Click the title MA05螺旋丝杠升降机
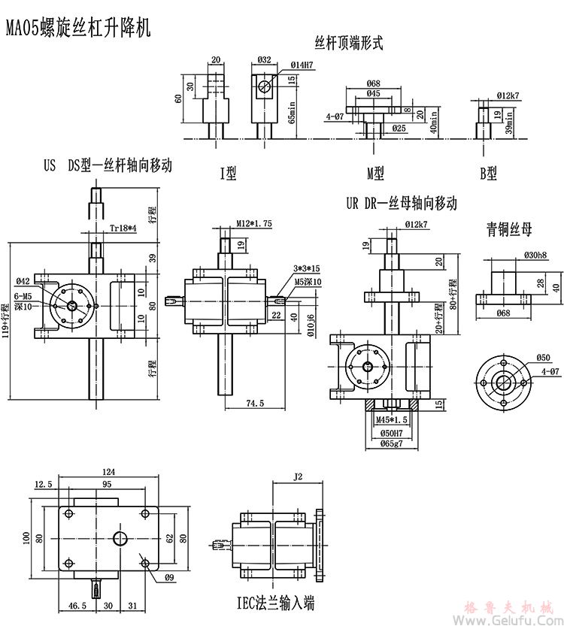click(x=79, y=29)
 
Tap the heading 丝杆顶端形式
click(x=348, y=43)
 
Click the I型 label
click(x=228, y=174)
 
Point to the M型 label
click(x=375, y=174)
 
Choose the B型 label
click(x=489, y=174)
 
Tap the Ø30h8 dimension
click(x=535, y=255)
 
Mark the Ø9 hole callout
click(x=169, y=578)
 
